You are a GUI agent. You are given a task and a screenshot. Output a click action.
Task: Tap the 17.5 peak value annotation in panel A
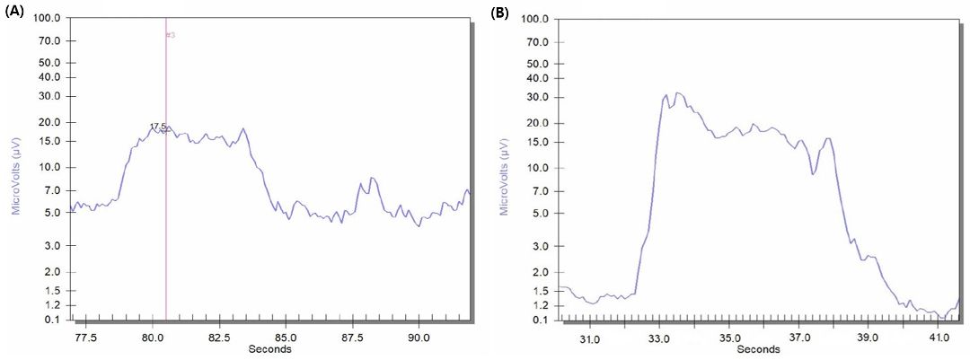(158, 127)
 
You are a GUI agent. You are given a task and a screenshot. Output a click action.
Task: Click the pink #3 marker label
(171, 35)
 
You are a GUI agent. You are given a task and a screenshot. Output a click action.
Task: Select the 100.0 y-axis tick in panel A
(48, 18)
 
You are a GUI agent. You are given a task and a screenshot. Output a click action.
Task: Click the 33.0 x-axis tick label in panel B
(659, 339)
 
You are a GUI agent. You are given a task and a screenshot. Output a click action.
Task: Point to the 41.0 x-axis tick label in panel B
(939, 339)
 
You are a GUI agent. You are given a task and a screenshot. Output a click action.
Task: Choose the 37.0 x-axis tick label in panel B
(799, 339)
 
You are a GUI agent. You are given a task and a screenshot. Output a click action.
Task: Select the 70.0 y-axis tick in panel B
(535, 41)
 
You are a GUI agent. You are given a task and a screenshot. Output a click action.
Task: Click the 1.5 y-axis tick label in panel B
(538, 291)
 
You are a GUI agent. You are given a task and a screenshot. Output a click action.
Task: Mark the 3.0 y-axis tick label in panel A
(52, 245)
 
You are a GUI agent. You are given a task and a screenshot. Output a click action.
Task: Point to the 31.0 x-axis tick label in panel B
(589, 339)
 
